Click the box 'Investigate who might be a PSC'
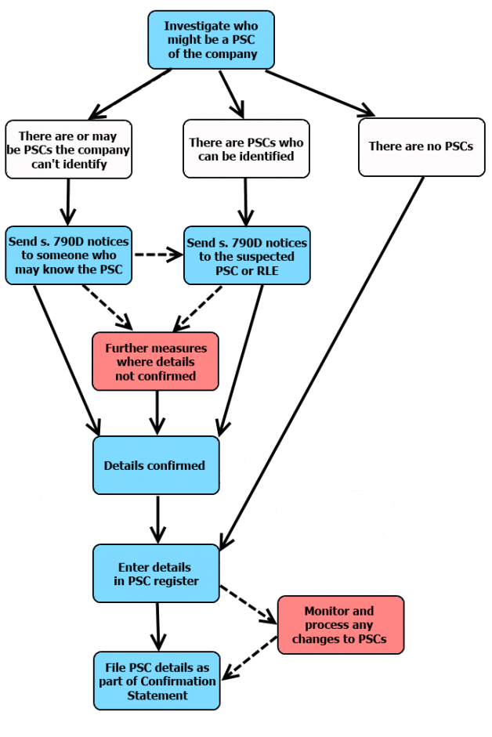tap(211, 40)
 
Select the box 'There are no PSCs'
tap(421, 146)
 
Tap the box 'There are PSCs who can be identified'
tap(246, 149)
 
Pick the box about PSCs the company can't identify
tap(68, 149)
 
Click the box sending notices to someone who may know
tap(69, 255)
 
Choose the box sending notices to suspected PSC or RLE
tap(247, 255)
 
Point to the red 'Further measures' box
tap(155, 361)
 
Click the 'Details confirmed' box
tap(155, 465)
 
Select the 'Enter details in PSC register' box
tap(155, 573)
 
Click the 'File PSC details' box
tap(157, 681)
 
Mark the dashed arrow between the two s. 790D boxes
tap(157, 255)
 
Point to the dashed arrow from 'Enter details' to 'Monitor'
tap(248, 604)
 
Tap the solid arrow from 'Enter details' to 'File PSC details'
tap(157, 627)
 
